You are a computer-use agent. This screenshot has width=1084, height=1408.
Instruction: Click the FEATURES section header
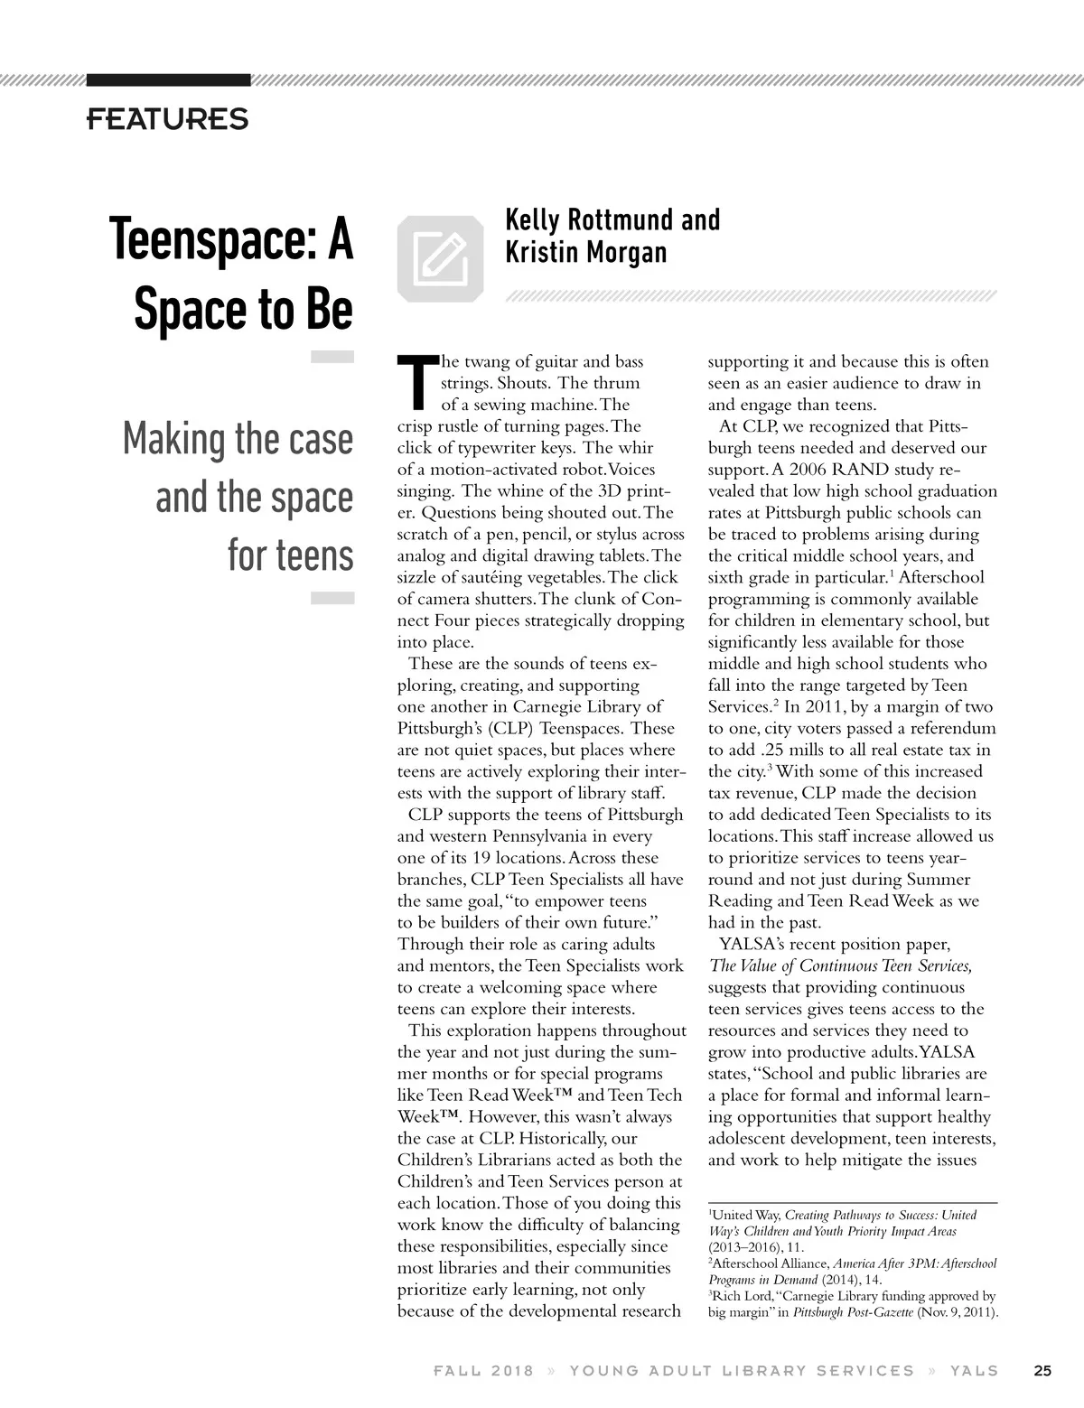(167, 118)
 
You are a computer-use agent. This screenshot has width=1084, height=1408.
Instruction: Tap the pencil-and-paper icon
(440, 256)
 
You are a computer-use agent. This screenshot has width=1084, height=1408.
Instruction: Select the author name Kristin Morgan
(585, 252)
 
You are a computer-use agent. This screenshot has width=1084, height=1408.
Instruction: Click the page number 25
(1042, 1370)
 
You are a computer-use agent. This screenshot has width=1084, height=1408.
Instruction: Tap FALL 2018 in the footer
(483, 1370)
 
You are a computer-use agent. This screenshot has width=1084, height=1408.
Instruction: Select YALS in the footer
(974, 1370)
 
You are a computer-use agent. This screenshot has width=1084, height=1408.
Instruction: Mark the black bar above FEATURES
(168, 79)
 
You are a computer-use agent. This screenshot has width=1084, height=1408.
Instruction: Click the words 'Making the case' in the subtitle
(238, 440)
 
